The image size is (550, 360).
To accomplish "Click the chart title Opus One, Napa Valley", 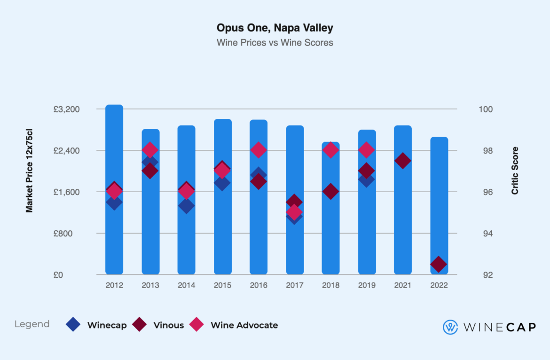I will pyautogui.click(x=275, y=28).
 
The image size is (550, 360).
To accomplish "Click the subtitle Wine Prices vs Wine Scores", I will pyautogui.click(x=275, y=43).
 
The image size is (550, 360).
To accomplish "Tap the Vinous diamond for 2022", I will pyautogui.click(x=439, y=264).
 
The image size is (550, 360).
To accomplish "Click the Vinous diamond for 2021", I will pyautogui.click(x=403, y=161).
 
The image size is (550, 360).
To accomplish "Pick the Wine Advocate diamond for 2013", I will pyautogui.click(x=150, y=150).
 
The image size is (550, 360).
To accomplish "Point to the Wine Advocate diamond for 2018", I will pyautogui.click(x=330, y=150).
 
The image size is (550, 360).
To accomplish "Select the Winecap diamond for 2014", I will pyautogui.click(x=186, y=206).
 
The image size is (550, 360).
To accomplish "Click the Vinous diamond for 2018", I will pyautogui.click(x=330, y=191).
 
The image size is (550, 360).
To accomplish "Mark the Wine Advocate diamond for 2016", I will pyautogui.click(x=259, y=150).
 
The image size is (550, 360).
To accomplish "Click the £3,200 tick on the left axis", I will pyautogui.click(x=66, y=110).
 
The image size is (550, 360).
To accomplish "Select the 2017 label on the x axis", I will pyautogui.click(x=294, y=285).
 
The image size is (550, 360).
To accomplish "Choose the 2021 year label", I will pyautogui.click(x=403, y=285).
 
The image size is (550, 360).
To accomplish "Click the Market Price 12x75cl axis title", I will pyautogui.click(x=30, y=175).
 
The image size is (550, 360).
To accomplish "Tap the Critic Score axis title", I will pyautogui.click(x=515, y=171).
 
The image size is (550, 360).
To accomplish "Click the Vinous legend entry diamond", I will pyautogui.click(x=140, y=325).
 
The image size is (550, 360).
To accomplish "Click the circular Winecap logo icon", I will pyautogui.click(x=450, y=327).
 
